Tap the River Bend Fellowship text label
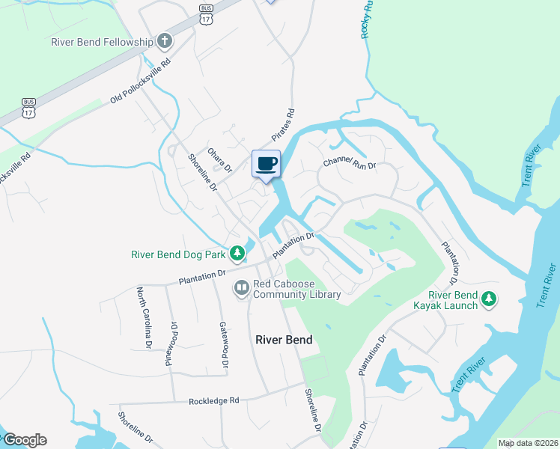click(102, 42)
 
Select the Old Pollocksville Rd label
click(141, 79)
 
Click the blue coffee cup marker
click(267, 164)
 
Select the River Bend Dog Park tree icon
click(237, 254)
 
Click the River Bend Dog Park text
click(178, 254)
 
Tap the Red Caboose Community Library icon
click(241, 287)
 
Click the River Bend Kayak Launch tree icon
click(489, 299)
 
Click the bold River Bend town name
click(284, 340)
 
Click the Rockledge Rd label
click(214, 400)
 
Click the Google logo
click(24, 440)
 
